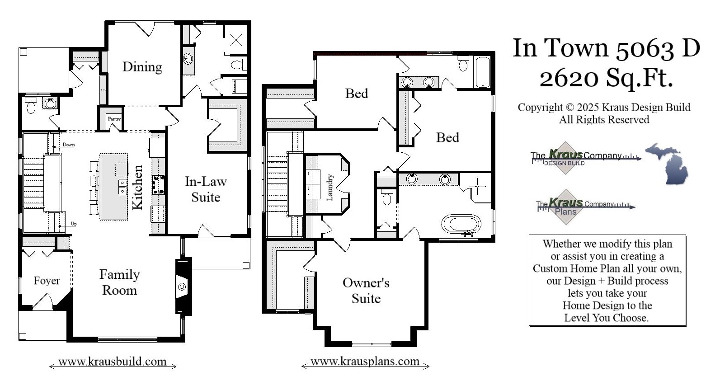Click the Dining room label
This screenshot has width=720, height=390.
142,67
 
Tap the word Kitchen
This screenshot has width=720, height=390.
137,187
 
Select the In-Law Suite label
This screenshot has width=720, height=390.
206,189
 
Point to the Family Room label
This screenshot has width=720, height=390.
119,282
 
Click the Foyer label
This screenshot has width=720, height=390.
47,281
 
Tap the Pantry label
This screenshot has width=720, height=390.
114,119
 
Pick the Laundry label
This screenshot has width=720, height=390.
329,188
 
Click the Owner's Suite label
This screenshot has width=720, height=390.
366,291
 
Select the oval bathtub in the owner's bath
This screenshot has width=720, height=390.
461,223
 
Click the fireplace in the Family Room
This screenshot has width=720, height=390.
182,286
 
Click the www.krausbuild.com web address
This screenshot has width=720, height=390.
113,362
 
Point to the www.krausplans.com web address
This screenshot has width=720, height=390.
365,362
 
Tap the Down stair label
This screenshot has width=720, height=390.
69,145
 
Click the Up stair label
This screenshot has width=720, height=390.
74,224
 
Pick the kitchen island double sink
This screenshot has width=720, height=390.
122,187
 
